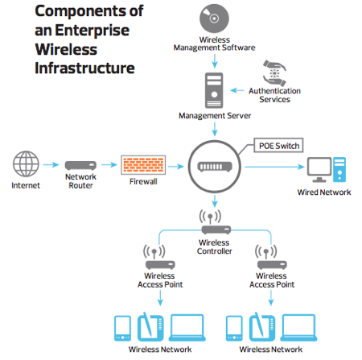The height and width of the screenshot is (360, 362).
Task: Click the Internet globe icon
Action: [25, 165]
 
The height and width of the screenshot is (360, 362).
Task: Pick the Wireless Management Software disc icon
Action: [215, 20]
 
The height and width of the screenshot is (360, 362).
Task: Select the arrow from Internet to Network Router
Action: [51, 166]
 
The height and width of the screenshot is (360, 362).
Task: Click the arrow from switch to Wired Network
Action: [274, 167]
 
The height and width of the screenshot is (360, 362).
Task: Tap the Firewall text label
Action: [143, 184]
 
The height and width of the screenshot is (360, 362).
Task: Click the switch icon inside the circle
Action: [215, 167]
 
